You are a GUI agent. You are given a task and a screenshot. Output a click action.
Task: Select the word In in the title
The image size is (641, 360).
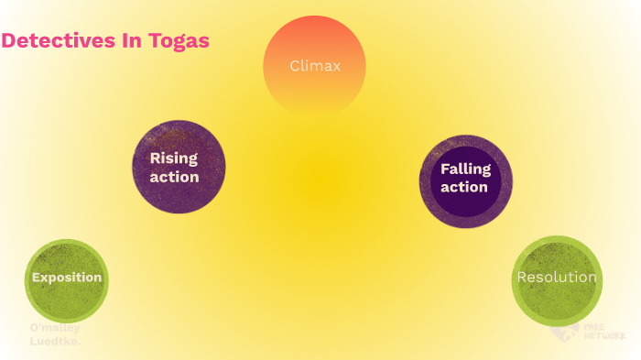tap(135, 41)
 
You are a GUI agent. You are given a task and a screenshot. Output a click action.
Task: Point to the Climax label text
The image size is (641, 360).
tap(314, 66)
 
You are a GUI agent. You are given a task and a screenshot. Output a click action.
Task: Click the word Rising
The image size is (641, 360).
tap(174, 158)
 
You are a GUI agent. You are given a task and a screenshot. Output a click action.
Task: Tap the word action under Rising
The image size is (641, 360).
tap(174, 177)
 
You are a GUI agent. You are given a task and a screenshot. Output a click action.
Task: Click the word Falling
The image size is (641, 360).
tap(465, 169)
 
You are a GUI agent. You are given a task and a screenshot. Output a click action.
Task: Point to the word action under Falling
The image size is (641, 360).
tap(464, 187)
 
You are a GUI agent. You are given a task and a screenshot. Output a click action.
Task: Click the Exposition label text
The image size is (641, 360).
tap(67, 278)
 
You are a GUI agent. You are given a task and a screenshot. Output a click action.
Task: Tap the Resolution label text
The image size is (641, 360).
tap(557, 278)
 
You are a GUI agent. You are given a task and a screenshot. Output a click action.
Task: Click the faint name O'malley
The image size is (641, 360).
tap(55, 328)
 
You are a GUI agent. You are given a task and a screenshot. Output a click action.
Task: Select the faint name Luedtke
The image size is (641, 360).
tap(56, 342)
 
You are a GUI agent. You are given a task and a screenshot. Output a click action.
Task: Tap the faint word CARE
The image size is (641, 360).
tap(592, 326)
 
